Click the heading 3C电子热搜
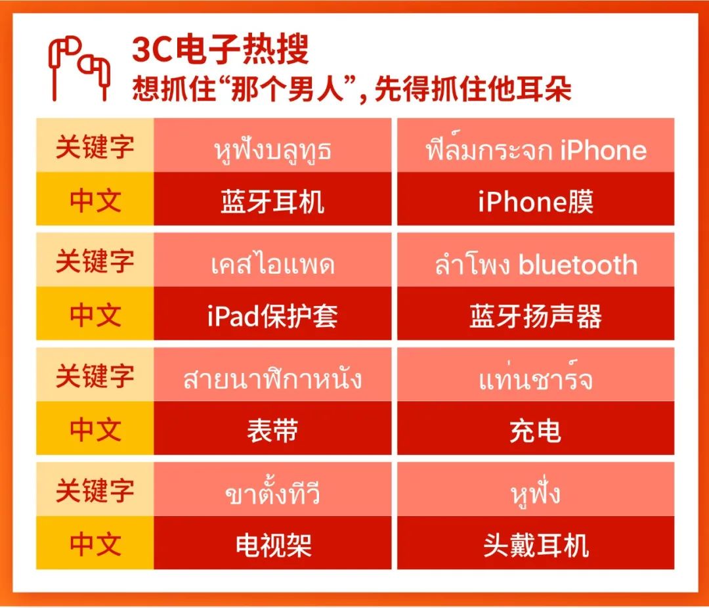point(220,50)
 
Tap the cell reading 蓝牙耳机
point(272,200)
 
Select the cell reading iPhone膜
point(536,200)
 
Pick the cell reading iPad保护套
point(272,315)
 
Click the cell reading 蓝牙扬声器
point(536,315)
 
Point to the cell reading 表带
point(272,430)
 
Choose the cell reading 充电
point(536,430)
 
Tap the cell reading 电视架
point(272,544)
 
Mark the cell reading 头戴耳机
point(536,544)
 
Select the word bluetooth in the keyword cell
point(578,265)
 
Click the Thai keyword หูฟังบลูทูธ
point(272,150)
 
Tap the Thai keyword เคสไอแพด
point(272,265)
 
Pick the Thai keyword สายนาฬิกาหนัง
point(272,380)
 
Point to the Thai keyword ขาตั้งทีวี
point(272,494)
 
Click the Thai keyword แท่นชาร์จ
point(536,380)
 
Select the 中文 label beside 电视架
point(95,544)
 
